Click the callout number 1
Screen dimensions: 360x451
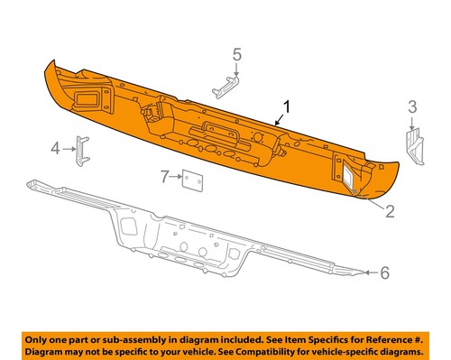tap(287, 109)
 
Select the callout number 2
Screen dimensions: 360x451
tap(390, 213)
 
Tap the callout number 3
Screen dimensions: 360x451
tap(412, 109)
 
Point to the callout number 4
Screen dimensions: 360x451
tap(53, 148)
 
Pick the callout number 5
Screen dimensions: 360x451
tap(237, 56)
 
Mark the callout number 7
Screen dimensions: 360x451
tap(162, 178)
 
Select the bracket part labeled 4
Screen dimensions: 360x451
tap(82, 149)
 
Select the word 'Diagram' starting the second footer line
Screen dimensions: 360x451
tap(51, 350)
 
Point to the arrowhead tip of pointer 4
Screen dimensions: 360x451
tap(73, 149)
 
